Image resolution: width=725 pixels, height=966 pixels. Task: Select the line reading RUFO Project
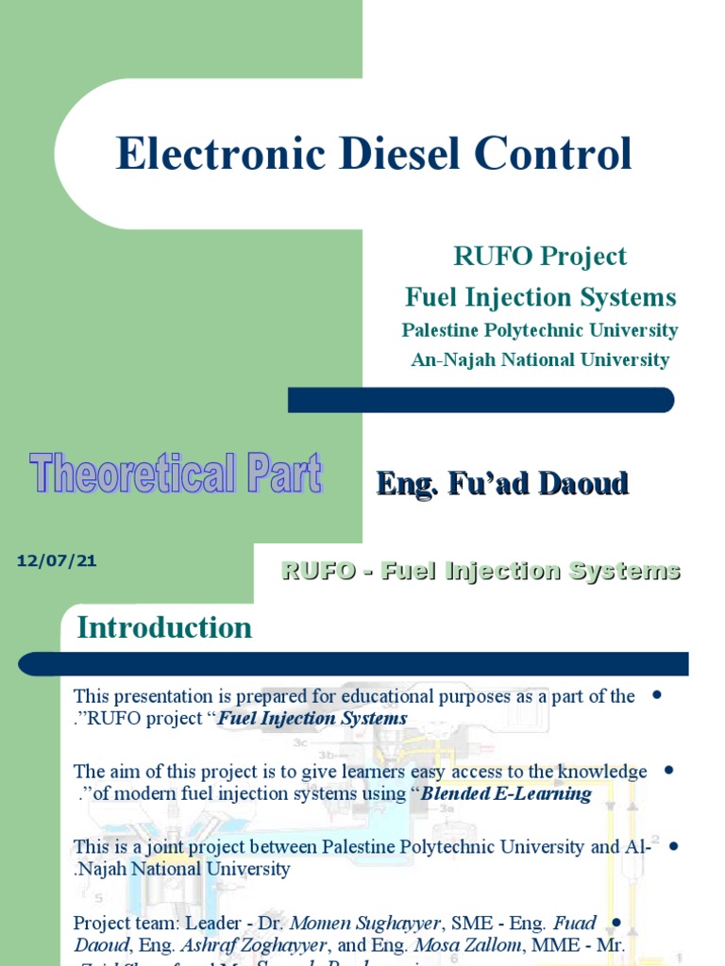click(x=540, y=256)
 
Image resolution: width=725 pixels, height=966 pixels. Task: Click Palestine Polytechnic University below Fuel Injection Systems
click(x=540, y=330)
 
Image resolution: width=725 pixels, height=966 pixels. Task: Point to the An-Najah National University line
click(x=540, y=359)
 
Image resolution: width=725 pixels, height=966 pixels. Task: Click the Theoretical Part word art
click(x=176, y=475)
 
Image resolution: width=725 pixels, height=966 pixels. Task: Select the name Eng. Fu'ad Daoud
click(x=502, y=484)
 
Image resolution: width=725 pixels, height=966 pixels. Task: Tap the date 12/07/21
click(x=57, y=561)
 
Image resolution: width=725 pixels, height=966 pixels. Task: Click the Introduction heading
click(x=164, y=627)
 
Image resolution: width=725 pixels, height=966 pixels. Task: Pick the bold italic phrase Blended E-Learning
click(x=506, y=793)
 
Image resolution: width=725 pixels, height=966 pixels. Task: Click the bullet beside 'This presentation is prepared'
click(x=656, y=695)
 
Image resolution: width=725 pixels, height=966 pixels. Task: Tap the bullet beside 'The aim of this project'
click(x=668, y=770)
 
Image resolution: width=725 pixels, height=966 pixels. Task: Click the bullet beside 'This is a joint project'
click(x=673, y=845)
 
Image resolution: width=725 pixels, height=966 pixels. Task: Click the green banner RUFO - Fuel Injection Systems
click(x=481, y=571)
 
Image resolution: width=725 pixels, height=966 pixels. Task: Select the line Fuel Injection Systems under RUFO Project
click(x=540, y=297)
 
